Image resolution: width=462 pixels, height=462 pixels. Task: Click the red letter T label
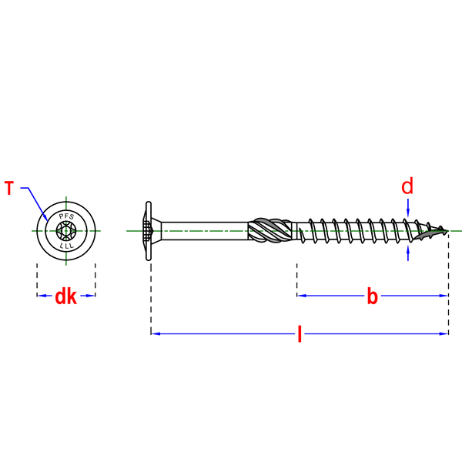(9, 188)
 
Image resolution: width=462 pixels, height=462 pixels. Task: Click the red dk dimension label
(66, 296)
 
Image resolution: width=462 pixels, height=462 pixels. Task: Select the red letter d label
(407, 186)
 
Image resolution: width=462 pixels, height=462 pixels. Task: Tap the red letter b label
(373, 296)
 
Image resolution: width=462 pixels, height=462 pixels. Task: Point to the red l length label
(300, 334)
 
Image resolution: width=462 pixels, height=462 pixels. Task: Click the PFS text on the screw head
(66, 216)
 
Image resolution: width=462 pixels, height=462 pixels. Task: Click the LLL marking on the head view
(66, 246)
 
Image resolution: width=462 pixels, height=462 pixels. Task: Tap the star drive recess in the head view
(66, 231)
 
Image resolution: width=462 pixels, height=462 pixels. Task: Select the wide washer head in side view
(149, 231)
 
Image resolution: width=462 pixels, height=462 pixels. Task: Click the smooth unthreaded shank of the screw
(205, 231)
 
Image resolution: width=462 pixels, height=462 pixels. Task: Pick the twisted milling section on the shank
(270, 230)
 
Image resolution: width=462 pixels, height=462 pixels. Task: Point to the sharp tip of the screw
(448, 231)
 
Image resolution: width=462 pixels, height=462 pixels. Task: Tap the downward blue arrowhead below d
(408, 213)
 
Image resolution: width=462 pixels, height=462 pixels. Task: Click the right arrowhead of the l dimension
(444, 334)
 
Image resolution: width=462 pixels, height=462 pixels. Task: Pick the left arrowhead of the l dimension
(156, 334)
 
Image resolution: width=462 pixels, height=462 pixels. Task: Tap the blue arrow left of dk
(45, 296)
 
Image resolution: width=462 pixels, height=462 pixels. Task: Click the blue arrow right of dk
(87, 296)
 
